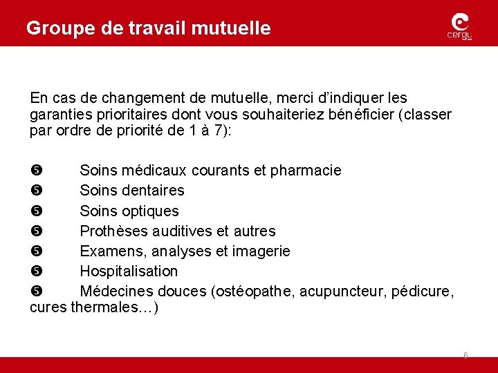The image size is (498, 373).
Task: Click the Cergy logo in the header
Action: coord(459,28)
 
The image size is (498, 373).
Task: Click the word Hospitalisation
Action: coord(129,271)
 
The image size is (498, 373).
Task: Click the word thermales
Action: coord(112,308)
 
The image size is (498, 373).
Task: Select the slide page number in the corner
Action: coord(465,356)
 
